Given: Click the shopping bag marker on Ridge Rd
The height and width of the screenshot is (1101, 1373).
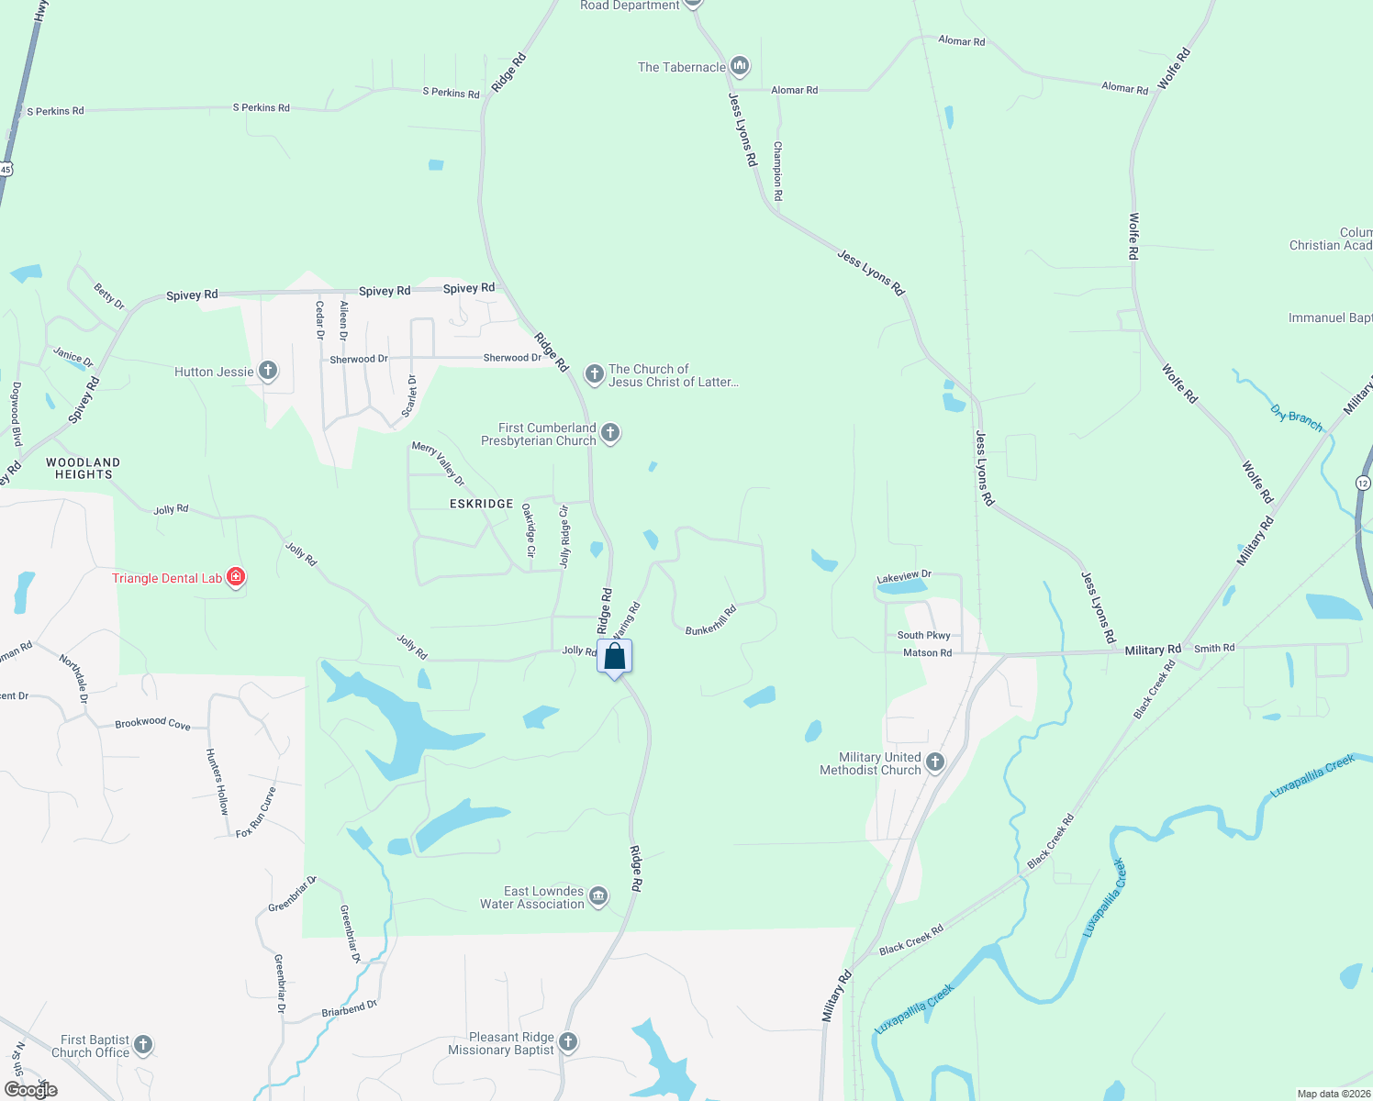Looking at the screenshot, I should pyautogui.click(x=614, y=657).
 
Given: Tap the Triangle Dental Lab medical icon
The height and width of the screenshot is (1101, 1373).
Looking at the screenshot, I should pyautogui.click(x=236, y=577).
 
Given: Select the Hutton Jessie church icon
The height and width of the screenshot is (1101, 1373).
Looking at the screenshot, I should pyautogui.click(x=268, y=371).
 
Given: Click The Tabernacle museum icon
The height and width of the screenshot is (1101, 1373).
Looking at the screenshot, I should pyautogui.click(x=740, y=66).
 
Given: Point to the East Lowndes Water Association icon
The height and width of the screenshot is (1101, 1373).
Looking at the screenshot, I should pyautogui.click(x=598, y=896).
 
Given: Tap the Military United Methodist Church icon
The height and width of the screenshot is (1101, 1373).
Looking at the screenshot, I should pyautogui.click(x=935, y=762).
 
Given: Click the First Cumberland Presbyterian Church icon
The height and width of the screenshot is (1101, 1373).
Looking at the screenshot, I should pyautogui.click(x=610, y=433).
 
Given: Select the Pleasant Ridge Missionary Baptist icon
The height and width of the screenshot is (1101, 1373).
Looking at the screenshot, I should pyautogui.click(x=568, y=1041).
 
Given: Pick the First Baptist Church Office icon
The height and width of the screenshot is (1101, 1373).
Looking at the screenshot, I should pyautogui.click(x=142, y=1044).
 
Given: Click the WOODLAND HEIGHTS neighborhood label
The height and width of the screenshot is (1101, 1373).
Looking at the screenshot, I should pyautogui.click(x=83, y=468).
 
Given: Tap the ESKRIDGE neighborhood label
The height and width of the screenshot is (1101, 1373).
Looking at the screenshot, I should pyautogui.click(x=481, y=504).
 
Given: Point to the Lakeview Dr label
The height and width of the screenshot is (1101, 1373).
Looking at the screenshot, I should pyautogui.click(x=904, y=576).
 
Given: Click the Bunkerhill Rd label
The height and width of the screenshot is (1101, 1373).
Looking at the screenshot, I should pyautogui.click(x=711, y=620).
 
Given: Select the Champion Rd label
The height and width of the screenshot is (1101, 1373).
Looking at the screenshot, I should pyautogui.click(x=777, y=171).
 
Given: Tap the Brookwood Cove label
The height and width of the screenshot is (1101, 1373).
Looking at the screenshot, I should pyautogui.click(x=152, y=723).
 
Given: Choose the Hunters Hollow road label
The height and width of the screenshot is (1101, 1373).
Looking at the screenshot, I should pyautogui.click(x=217, y=782).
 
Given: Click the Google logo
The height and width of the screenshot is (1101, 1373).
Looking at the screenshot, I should pyautogui.click(x=31, y=1089).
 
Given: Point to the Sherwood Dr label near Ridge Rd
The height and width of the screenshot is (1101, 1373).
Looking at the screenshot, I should pyautogui.click(x=512, y=358).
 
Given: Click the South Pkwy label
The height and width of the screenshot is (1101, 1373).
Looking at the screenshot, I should pyautogui.click(x=923, y=635).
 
